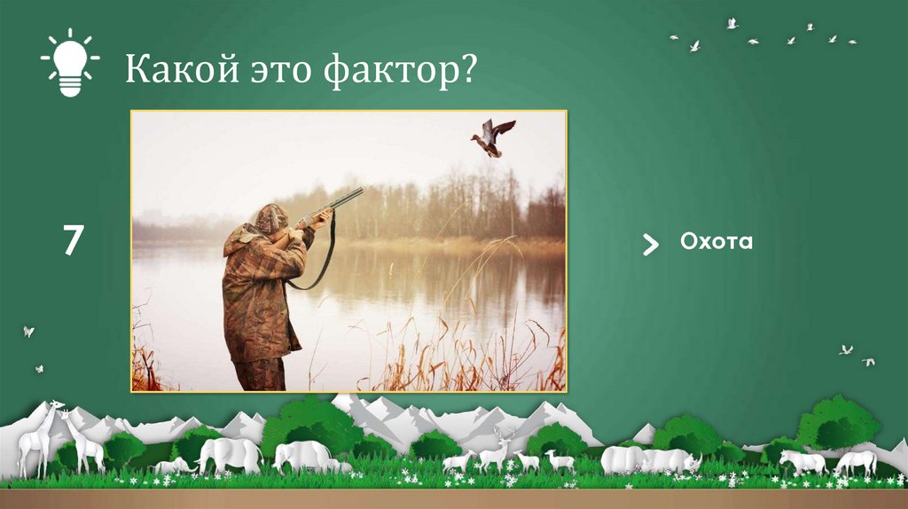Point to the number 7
tap(72, 242)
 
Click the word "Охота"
tap(716, 241)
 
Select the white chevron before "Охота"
tap(650, 245)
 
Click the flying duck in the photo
tap(491, 137)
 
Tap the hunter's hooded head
tap(270, 219)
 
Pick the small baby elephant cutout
tap(173, 466)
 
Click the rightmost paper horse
tap(857, 462)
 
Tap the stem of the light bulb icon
tap(70, 86)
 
